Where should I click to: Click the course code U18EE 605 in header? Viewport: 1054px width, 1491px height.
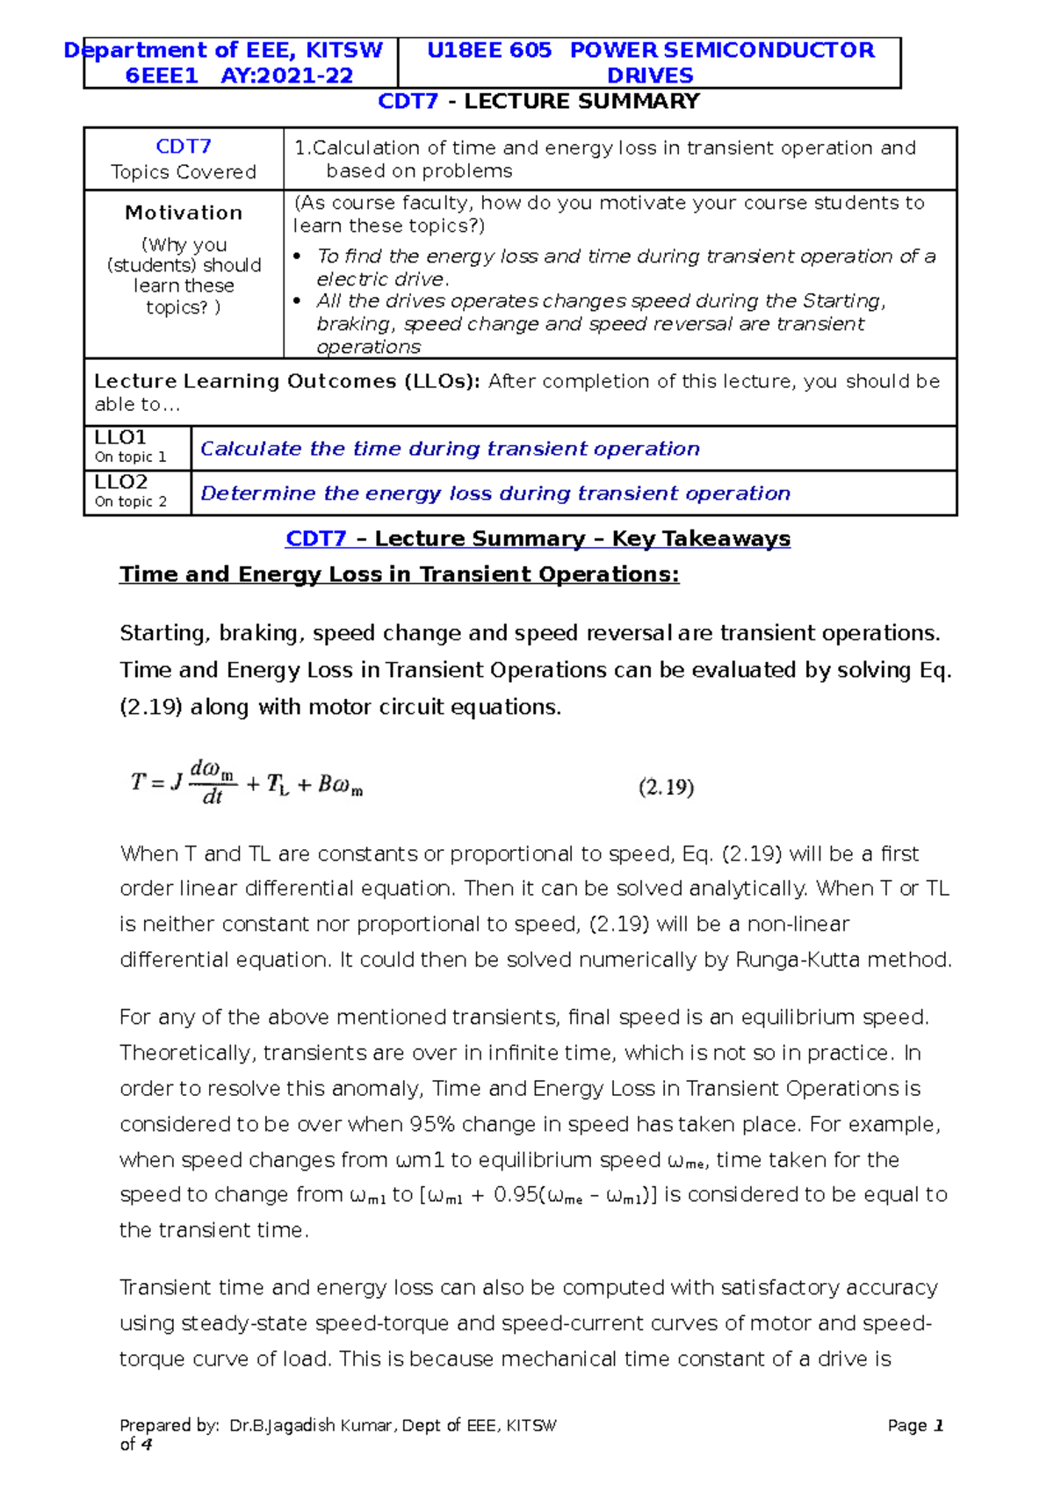click(488, 50)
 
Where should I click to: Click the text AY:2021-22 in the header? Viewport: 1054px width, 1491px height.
click(286, 76)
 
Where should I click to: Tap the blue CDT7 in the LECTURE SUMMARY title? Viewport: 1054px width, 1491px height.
click(408, 101)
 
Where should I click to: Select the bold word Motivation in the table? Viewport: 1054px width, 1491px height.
click(184, 212)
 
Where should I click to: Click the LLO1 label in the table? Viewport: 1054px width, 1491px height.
click(120, 437)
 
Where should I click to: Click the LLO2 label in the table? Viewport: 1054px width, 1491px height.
click(120, 482)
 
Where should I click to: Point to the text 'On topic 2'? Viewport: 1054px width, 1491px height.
click(130, 501)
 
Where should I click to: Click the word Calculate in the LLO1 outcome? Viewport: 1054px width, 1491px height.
click(251, 449)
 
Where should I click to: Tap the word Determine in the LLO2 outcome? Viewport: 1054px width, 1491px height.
click(258, 493)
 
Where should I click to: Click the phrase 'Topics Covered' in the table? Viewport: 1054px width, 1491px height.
click(184, 172)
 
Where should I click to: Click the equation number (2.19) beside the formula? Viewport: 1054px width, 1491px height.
click(666, 787)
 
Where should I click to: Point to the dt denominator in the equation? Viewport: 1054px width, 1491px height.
click(213, 797)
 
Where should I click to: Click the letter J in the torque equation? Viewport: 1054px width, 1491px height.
click(176, 782)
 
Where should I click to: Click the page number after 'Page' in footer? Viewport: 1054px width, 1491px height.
click(938, 1425)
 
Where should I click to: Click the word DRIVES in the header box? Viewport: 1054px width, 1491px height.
click(650, 76)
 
